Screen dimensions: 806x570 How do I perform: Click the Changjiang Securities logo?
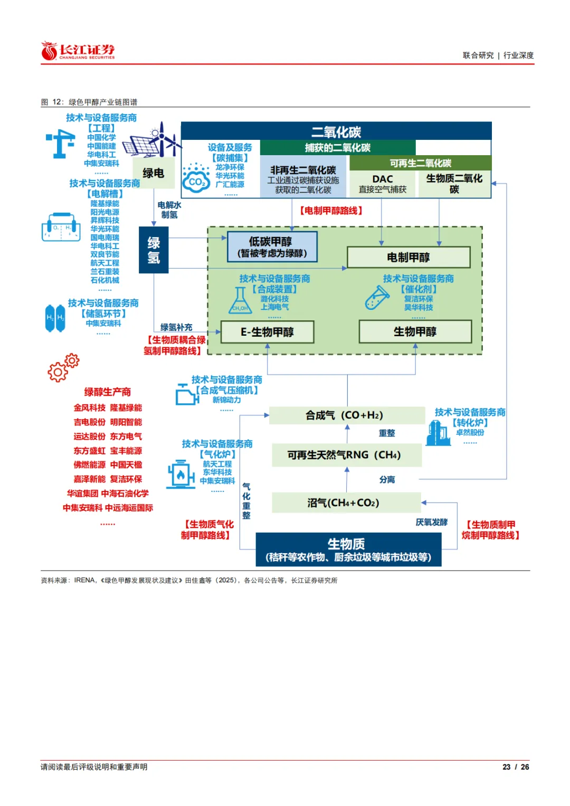click(78, 51)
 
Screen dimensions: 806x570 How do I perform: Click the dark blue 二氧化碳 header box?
click(336, 131)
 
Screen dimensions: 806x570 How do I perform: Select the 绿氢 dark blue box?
click(154, 250)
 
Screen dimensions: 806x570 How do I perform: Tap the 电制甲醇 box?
click(408, 257)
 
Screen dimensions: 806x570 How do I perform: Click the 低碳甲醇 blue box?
click(272, 246)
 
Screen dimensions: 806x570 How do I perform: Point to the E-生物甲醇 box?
click(267, 332)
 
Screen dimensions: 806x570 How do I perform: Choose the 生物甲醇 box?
click(415, 331)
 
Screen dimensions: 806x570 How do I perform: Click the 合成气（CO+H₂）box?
click(347, 415)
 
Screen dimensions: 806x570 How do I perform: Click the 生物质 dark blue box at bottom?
click(348, 549)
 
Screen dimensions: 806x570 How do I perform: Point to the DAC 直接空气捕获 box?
click(383, 184)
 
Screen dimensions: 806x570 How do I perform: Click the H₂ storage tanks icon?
click(55, 318)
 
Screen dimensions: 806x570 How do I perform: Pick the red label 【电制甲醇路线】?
click(331, 211)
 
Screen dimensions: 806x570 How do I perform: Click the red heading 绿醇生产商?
click(108, 392)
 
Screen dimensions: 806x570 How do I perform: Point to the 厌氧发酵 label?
click(431, 522)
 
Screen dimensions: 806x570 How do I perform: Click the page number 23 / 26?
click(515, 767)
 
